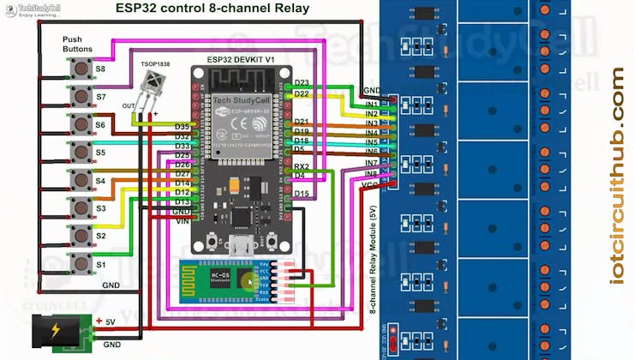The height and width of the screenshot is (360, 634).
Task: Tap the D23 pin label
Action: (302, 83)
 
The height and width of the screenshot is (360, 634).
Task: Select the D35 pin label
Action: (182, 127)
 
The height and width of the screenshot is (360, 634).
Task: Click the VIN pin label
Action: (182, 221)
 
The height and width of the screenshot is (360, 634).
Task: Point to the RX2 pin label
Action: (302, 166)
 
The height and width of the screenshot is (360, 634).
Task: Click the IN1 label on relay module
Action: (371, 105)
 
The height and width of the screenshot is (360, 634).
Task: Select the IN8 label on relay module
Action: (371, 174)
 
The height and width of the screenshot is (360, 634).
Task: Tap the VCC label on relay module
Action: (371, 184)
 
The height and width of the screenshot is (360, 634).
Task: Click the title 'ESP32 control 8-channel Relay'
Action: (212, 9)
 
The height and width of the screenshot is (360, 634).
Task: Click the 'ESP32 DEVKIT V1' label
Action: (241, 59)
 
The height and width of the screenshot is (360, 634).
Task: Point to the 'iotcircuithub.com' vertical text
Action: (618, 176)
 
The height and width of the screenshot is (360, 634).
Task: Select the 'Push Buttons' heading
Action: (77, 45)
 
